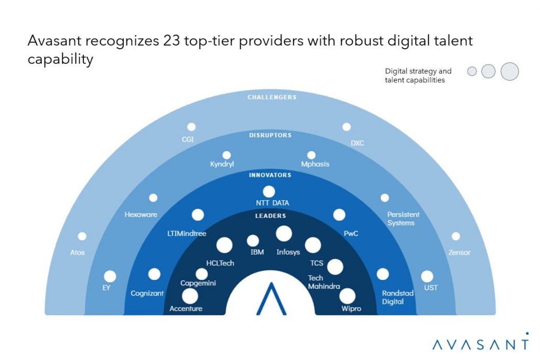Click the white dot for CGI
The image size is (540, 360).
click(191, 127)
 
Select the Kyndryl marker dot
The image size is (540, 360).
click(226, 155)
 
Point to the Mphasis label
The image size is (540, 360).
click(315, 164)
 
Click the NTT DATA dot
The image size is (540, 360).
click(269, 192)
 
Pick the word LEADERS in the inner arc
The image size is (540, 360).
click(271, 215)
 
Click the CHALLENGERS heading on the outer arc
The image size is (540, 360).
click(272, 97)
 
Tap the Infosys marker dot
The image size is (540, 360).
click(284, 234)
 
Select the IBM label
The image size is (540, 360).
click(257, 252)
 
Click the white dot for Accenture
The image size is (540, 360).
click(190, 296)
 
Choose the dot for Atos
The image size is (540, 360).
click(82, 236)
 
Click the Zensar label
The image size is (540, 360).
click(459, 253)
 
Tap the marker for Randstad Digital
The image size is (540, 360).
click(383, 274)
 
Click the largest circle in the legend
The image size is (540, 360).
click(510, 71)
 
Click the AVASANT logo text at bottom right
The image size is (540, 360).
click(481, 344)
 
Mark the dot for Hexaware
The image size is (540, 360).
click(153, 198)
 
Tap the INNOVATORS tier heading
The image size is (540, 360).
click(270, 175)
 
